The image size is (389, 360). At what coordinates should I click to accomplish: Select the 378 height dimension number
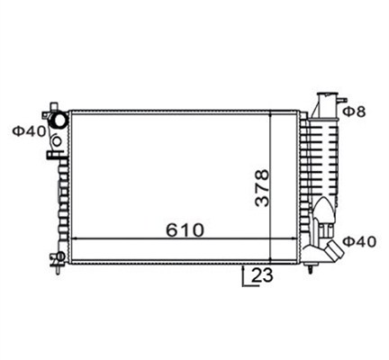coord(262,187)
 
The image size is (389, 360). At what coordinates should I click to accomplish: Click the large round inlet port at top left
coord(59,121)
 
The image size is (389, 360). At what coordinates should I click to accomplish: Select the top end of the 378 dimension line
coord(273,112)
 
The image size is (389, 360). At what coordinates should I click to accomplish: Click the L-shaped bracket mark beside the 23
coord(245,277)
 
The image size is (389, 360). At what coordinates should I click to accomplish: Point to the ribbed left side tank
coord(62,193)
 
